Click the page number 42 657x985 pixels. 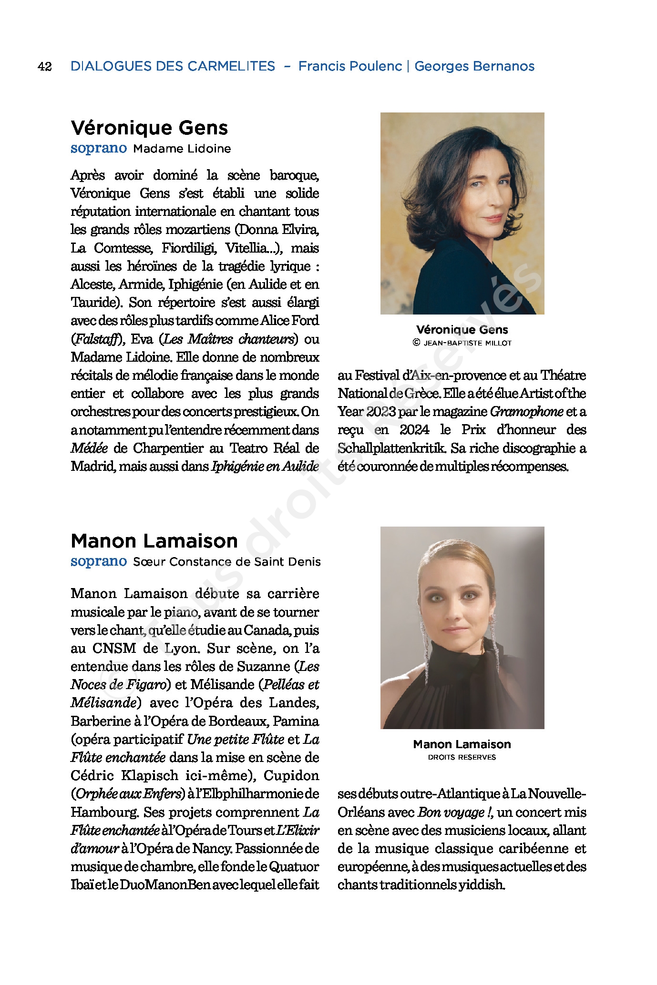[44, 66]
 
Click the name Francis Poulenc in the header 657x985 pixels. [350, 66]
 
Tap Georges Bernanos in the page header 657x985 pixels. [474, 66]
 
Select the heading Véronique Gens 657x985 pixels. [149, 128]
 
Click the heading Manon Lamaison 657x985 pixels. [154, 541]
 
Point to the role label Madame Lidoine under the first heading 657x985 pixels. [182, 149]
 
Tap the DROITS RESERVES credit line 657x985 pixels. [462, 757]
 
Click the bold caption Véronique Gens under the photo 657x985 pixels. [462, 330]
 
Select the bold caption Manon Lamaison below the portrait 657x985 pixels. [462, 744]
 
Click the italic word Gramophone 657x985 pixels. [526, 412]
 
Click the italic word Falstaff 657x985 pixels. [97, 339]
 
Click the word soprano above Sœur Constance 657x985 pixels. [99, 562]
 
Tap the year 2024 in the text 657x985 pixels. [414, 430]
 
